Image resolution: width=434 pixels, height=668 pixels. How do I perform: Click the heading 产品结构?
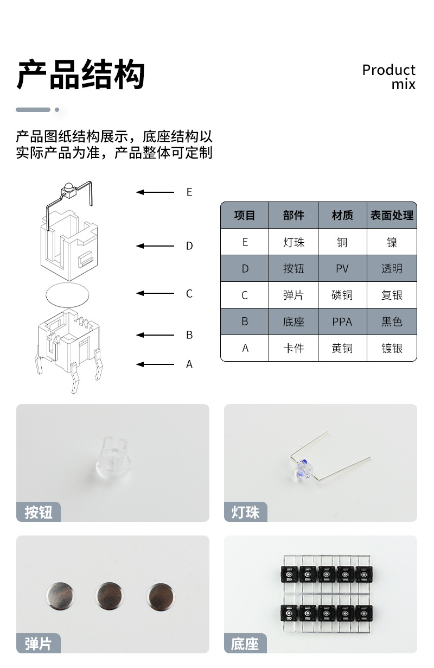tap(81, 75)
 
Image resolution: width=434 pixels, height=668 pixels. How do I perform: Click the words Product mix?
tap(389, 77)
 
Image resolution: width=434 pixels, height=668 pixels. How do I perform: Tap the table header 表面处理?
tap(392, 216)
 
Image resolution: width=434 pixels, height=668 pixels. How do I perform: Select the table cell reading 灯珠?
tap(293, 242)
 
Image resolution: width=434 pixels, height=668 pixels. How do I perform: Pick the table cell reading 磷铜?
tap(342, 295)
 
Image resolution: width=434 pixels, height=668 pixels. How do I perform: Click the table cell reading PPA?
tap(342, 322)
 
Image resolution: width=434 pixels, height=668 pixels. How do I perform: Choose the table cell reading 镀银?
tap(392, 349)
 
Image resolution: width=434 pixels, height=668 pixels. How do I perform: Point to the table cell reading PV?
tap(342, 269)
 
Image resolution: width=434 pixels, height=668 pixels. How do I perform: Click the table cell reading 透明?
tap(392, 269)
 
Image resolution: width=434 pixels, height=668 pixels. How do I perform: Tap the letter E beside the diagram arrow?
tap(189, 192)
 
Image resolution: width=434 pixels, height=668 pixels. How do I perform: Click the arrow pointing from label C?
tap(155, 294)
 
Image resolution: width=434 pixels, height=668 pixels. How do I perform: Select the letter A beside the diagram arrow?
tap(189, 364)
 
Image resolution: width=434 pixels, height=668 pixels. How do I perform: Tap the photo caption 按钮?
tap(39, 512)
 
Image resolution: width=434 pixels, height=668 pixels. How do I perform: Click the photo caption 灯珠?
tap(246, 512)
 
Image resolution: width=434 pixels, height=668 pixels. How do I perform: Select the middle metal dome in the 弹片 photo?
tap(109, 595)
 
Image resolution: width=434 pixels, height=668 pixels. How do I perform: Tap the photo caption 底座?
tap(245, 644)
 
